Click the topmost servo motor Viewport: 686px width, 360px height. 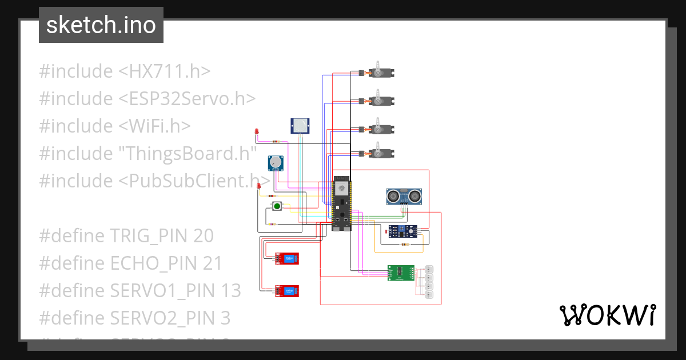pos(380,73)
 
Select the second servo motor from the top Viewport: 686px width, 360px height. pos(380,101)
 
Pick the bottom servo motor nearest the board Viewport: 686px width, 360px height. pos(380,153)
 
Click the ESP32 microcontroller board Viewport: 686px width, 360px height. pos(341,203)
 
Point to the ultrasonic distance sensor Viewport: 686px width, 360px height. pos(404,196)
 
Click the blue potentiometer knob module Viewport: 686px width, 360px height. pos(277,163)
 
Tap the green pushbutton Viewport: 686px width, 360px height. pos(277,206)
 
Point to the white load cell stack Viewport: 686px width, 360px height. pos(429,282)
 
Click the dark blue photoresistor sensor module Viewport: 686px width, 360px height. pos(404,231)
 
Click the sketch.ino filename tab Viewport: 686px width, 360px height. pos(101,25)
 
